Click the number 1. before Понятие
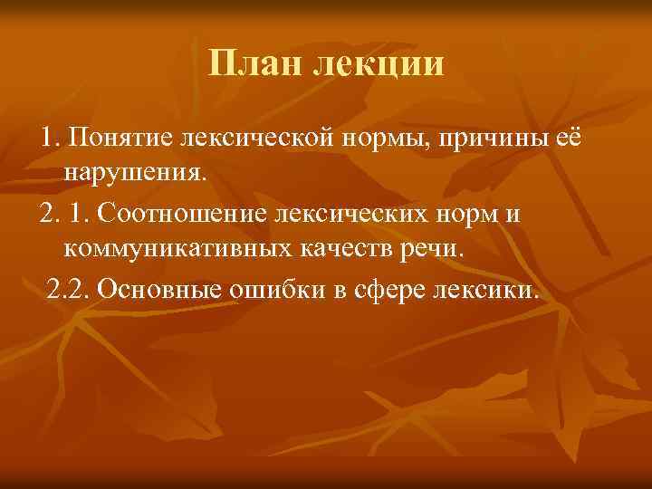(47, 137)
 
